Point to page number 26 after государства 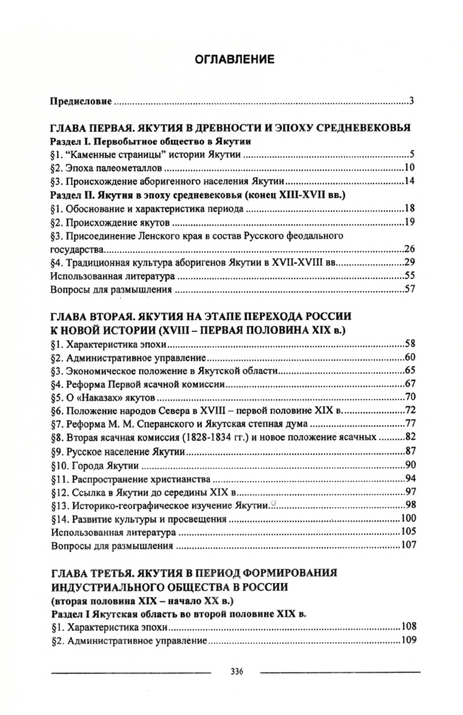(409, 249)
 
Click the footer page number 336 (234, 671)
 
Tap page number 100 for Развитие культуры (408, 519)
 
